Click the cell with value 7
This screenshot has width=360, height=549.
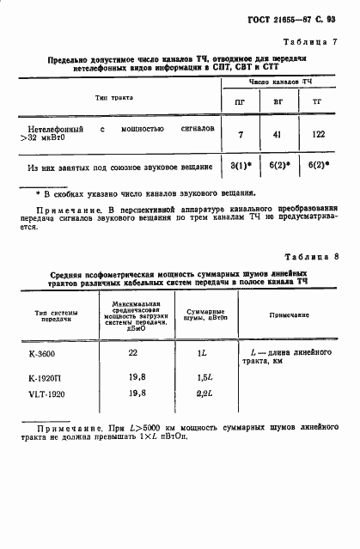241,134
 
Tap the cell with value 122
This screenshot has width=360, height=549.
320,134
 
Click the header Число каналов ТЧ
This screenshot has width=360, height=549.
279,82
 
